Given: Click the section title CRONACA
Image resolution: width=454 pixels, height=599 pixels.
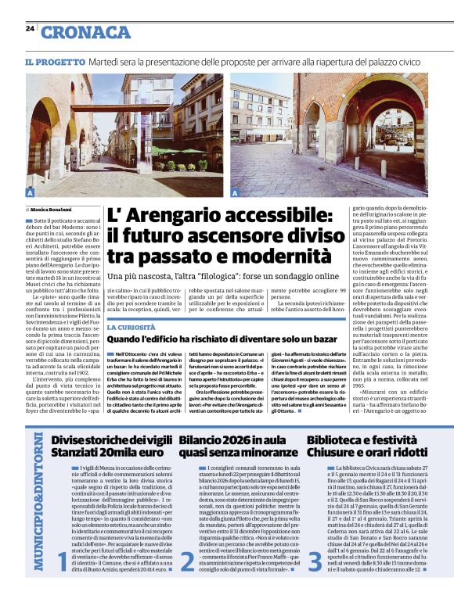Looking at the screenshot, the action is [x=85, y=32].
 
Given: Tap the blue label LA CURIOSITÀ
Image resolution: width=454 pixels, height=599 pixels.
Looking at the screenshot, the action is [x=132, y=326].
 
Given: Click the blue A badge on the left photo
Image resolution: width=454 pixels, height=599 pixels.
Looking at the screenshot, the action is [x=30, y=192].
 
